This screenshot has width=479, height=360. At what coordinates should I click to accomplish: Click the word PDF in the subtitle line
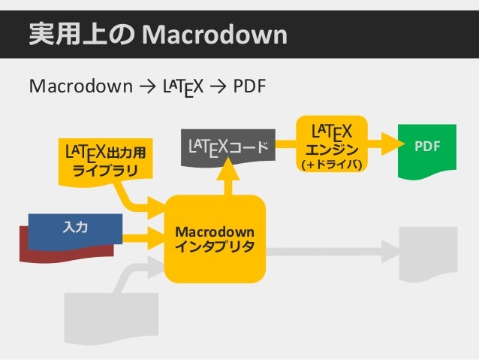[x=249, y=88]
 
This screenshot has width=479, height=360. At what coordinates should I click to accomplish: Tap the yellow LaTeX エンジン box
[x=333, y=144]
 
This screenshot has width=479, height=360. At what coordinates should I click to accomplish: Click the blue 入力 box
[x=75, y=228]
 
